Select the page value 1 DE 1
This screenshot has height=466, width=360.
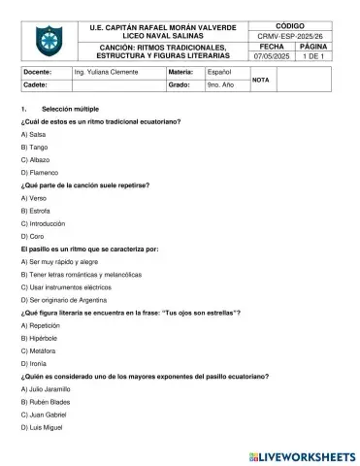pos(316,56)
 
